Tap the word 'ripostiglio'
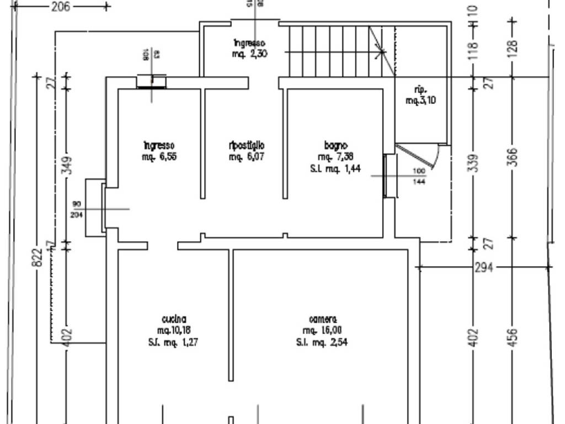pos(247,145)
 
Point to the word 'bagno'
pos(335,146)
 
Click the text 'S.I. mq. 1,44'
pos(335,169)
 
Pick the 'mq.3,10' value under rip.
pos(421,100)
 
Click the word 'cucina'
pos(174,319)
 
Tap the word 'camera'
pos(323,319)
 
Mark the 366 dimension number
pos(513,158)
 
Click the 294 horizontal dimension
pos(484,268)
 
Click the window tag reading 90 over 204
pos(76,209)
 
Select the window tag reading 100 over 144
pos(419,176)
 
